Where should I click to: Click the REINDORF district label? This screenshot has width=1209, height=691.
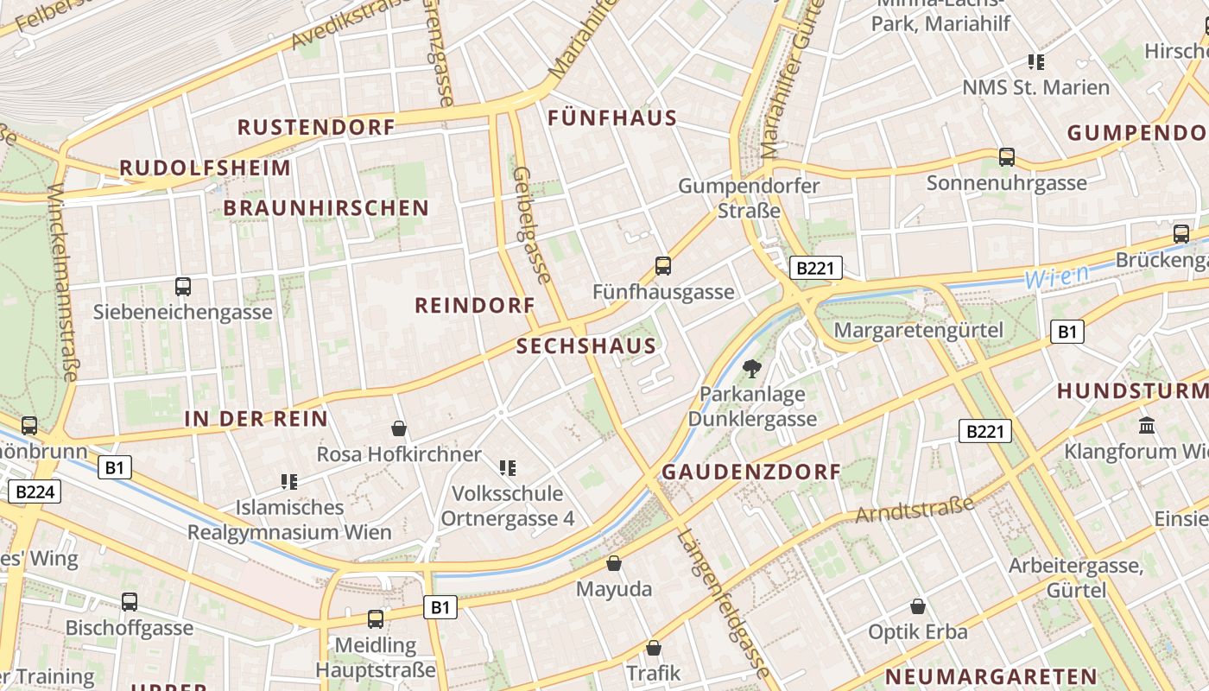(x=475, y=305)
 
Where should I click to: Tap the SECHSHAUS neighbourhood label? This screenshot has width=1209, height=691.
(x=586, y=346)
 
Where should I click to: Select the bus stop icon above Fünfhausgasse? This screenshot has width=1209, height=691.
(x=663, y=266)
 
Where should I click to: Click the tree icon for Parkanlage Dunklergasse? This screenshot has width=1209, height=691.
(x=752, y=369)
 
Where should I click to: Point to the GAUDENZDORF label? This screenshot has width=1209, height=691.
(x=750, y=472)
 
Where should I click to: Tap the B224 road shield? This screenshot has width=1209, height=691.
(x=35, y=492)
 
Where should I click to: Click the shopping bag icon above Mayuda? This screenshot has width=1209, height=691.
(x=614, y=564)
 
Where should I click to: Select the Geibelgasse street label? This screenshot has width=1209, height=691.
(x=532, y=225)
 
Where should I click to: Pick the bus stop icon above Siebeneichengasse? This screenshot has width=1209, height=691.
(x=183, y=287)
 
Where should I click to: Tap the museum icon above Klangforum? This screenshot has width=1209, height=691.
(x=1148, y=425)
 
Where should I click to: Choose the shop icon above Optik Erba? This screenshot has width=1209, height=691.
(x=918, y=606)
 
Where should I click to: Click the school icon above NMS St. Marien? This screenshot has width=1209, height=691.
(x=1036, y=62)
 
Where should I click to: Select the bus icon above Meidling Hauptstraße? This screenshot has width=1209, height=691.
(x=376, y=618)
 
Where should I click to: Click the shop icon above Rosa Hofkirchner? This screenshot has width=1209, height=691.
(x=399, y=428)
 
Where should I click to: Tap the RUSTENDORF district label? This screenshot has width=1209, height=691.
(x=316, y=127)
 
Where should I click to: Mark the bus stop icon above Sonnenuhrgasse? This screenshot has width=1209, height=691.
(x=1007, y=157)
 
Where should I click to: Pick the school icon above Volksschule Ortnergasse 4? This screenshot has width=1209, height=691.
(x=508, y=468)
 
